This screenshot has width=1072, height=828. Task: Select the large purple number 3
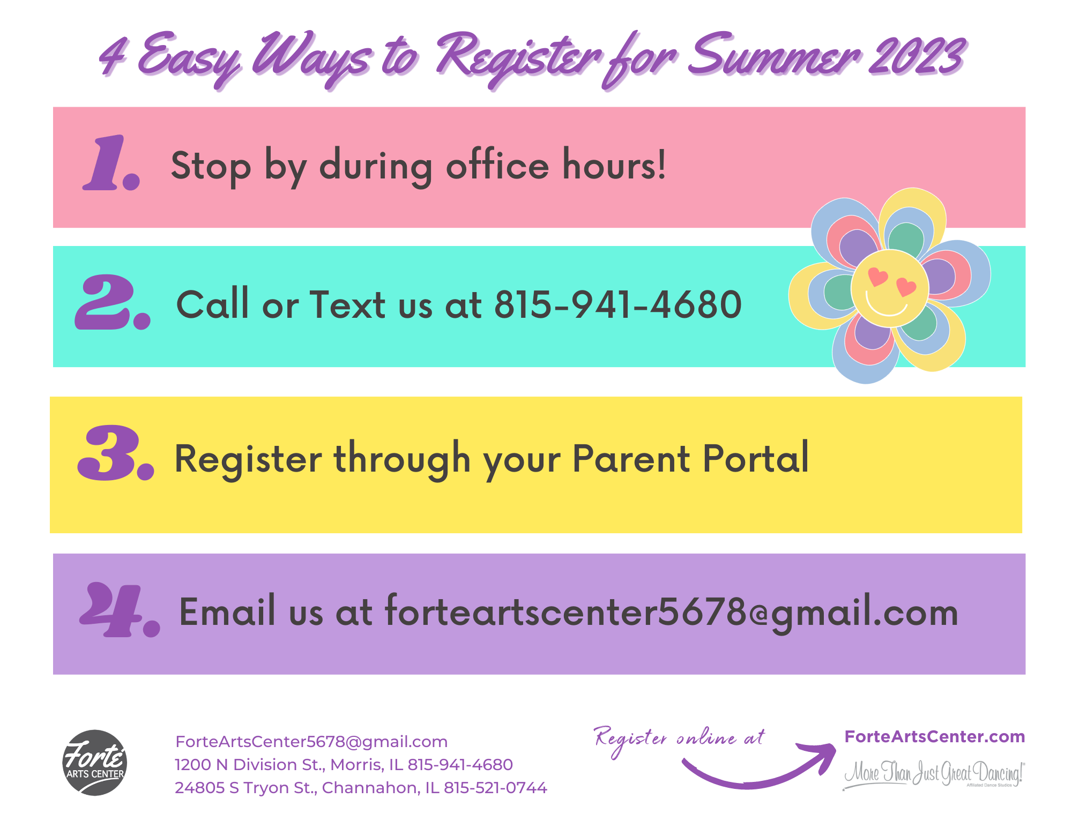tap(116, 452)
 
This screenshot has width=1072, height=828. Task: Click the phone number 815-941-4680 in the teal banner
tap(618, 304)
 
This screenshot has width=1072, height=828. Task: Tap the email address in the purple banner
tap(672, 613)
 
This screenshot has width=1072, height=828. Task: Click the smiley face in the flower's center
tap(890, 288)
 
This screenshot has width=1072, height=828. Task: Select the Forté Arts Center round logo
tap(95, 763)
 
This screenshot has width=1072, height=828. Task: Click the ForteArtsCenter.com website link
tap(935, 737)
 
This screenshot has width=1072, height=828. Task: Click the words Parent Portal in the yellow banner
tap(691, 458)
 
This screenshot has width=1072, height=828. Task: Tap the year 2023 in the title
tap(917, 57)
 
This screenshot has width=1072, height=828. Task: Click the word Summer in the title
tap(774, 56)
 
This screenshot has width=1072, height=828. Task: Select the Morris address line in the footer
tap(344, 765)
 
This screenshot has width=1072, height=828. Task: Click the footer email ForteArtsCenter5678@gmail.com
tap(311, 742)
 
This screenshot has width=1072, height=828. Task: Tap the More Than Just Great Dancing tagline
tap(934, 773)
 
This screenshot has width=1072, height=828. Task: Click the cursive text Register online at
tap(680, 740)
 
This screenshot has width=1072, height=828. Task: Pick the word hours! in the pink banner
tap(614, 165)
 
